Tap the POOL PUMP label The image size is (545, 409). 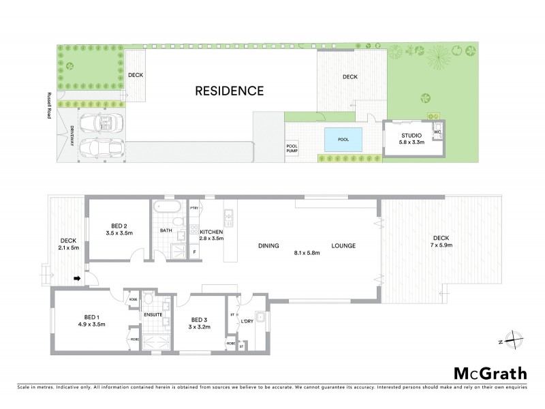tap(292, 148)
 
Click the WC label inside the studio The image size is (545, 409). tap(437, 132)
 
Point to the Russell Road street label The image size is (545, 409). tap(49, 106)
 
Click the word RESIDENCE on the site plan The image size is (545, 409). tap(229, 90)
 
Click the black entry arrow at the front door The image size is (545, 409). tap(77, 278)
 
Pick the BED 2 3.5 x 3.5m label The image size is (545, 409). tap(119, 228)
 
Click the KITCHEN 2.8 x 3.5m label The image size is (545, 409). tap(211, 235)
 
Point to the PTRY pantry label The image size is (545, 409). tap(193, 209)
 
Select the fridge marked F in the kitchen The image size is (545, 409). tap(195, 252)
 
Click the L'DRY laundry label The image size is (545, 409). tap(247, 322)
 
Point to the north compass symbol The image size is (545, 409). tap(516, 342)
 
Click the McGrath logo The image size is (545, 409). tap(490, 373)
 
